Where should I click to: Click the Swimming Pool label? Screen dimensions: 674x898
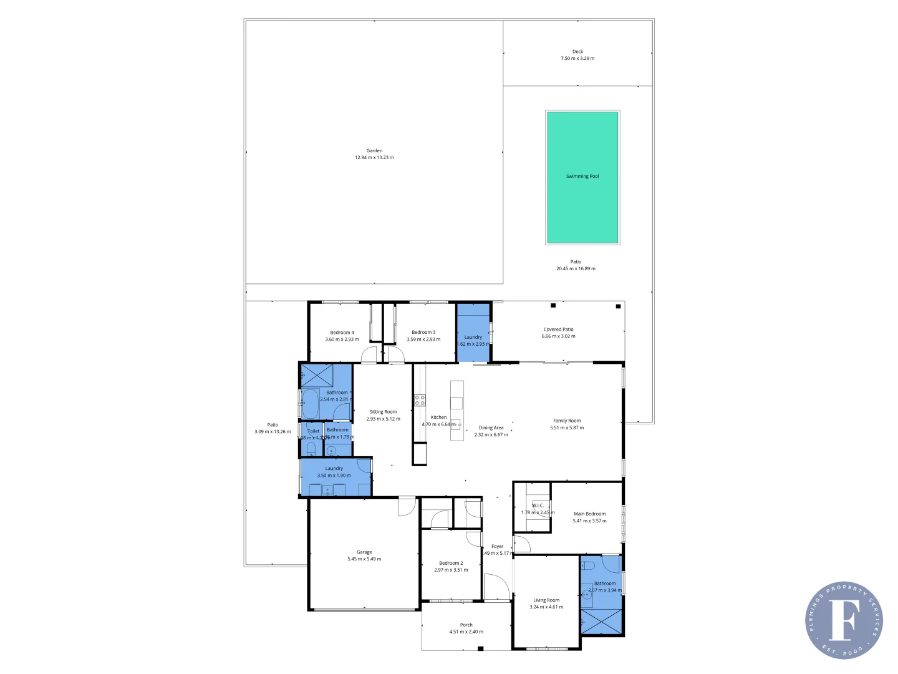click(582, 177)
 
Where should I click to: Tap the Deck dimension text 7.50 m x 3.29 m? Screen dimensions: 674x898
click(577, 59)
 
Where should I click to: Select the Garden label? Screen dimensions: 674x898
click(374, 150)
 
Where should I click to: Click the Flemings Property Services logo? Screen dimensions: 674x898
click(844, 620)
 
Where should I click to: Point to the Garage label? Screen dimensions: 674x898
click(364, 552)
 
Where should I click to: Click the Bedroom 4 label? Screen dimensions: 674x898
click(342, 333)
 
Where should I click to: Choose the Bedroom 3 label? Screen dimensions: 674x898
click(423, 333)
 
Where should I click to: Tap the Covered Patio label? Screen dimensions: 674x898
click(558, 330)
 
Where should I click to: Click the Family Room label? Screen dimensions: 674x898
click(567, 421)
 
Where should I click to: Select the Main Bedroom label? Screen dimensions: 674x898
click(589, 514)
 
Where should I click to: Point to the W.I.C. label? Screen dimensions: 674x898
click(538, 506)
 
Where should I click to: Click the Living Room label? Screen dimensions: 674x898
click(546, 600)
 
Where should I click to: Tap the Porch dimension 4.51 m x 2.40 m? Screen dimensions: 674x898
click(466, 632)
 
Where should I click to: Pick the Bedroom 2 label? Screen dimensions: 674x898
click(451, 563)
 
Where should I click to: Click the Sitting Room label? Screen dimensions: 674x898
click(383, 412)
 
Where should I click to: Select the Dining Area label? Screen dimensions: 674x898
click(491, 428)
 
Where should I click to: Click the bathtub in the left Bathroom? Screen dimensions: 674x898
click(310, 404)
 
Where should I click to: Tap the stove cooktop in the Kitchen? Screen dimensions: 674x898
click(420, 400)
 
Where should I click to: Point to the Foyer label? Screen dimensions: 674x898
click(497, 547)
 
